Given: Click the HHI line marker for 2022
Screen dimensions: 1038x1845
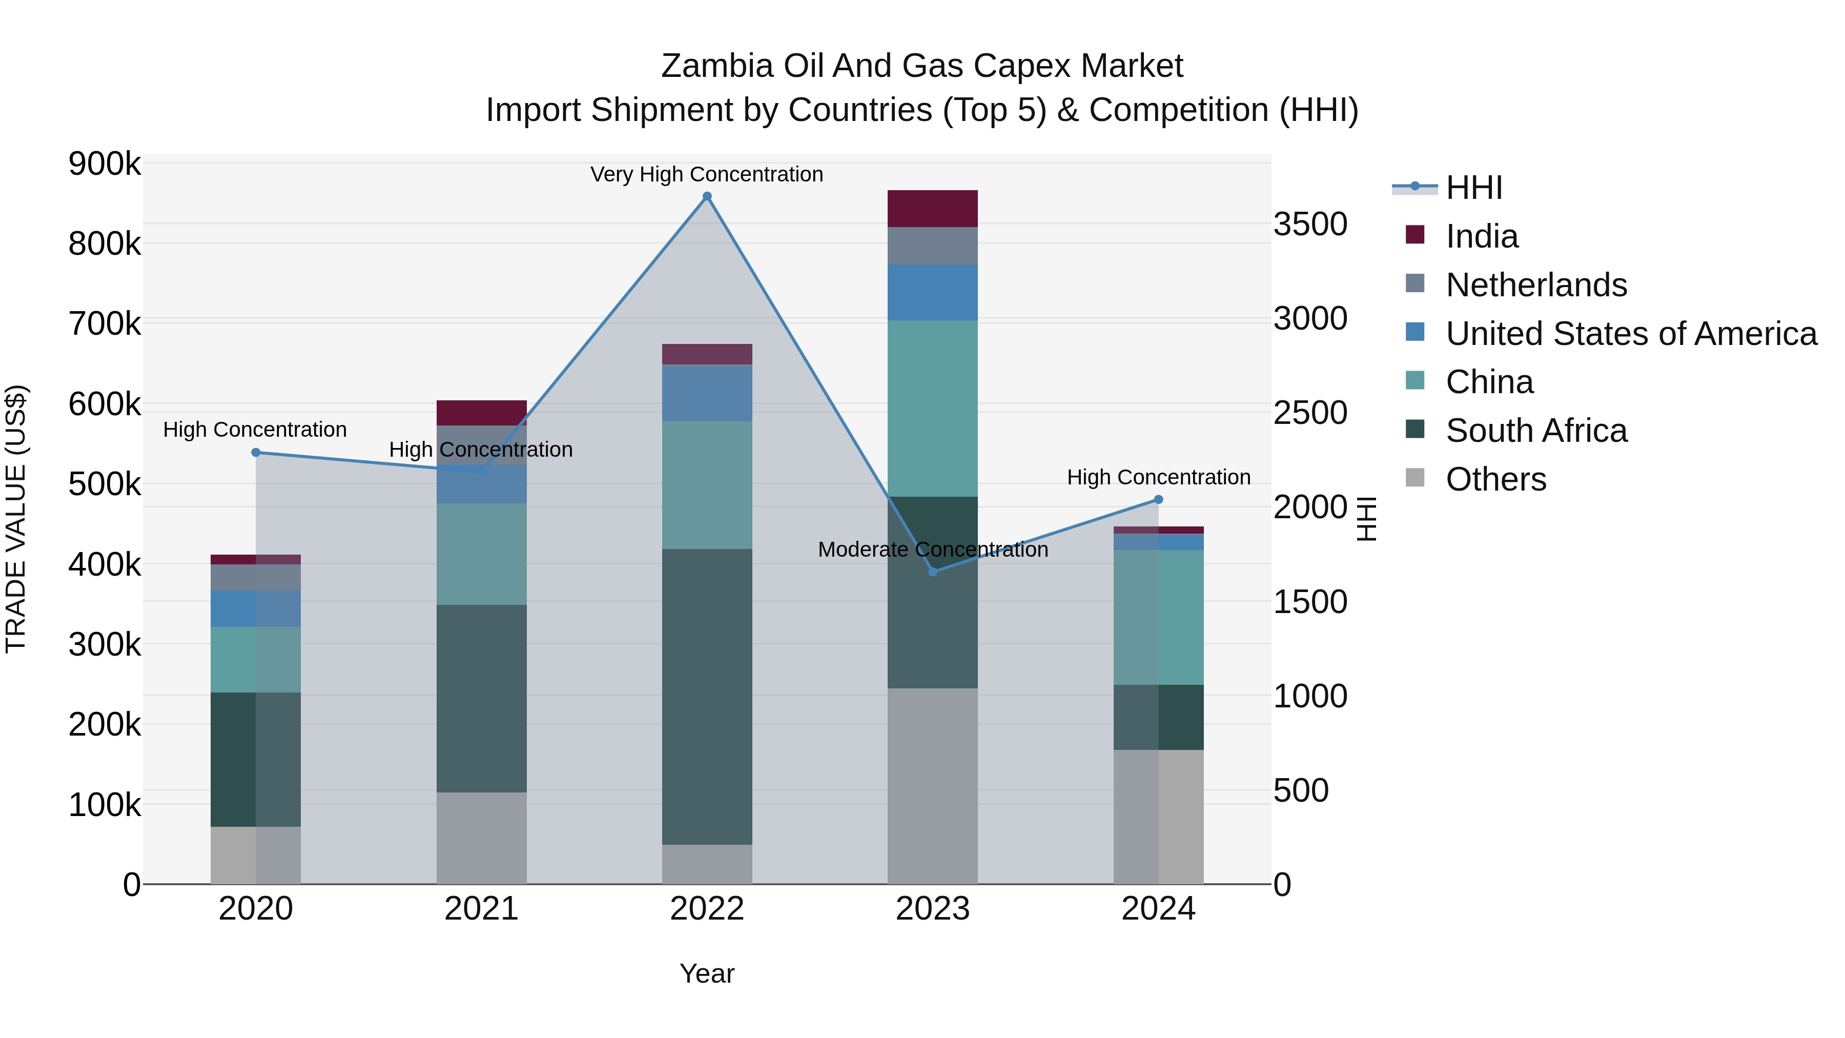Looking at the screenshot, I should click(x=707, y=196).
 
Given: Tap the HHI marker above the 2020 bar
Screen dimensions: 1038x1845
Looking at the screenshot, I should click(x=256, y=452).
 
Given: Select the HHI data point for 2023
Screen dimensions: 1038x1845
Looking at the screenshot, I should click(x=933, y=572).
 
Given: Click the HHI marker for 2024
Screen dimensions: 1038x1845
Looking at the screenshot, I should click(x=1158, y=499).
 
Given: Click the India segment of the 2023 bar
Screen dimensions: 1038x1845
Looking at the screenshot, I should click(x=933, y=209).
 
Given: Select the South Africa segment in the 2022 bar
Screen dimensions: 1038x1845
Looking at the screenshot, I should click(x=707, y=696).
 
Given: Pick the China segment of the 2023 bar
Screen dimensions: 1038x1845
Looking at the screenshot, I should click(x=933, y=409).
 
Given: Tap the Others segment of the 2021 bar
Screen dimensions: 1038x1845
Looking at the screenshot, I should click(x=481, y=838).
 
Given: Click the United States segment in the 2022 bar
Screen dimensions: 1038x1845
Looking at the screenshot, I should click(x=707, y=393).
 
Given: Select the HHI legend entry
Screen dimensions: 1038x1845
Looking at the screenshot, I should click(x=1473, y=188).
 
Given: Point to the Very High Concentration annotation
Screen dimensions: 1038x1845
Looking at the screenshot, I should click(x=706, y=174).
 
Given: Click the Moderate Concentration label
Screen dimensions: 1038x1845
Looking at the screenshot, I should click(x=933, y=549).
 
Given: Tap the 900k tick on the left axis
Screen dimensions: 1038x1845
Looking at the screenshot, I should click(x=105, y=164).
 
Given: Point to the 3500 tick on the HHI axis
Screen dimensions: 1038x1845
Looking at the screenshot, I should click(x=1310, y=224).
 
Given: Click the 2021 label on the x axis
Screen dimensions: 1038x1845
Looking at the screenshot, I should click(x=481, y=909).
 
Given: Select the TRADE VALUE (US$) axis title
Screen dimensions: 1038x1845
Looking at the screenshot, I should click(x=16, y=519).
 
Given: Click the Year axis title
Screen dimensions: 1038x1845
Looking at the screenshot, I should click(x=707, y=973).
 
